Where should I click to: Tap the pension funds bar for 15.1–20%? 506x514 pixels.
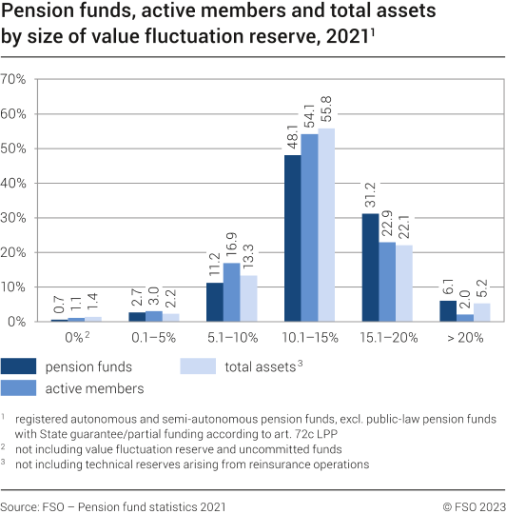pos(370,267)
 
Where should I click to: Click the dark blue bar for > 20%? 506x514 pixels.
pos(448,311)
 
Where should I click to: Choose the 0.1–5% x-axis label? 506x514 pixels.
pos(154,338)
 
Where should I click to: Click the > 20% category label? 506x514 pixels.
pos(463,338)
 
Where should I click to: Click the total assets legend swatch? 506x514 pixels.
pos(200,367)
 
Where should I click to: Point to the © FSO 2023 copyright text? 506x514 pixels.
pos(466,505)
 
